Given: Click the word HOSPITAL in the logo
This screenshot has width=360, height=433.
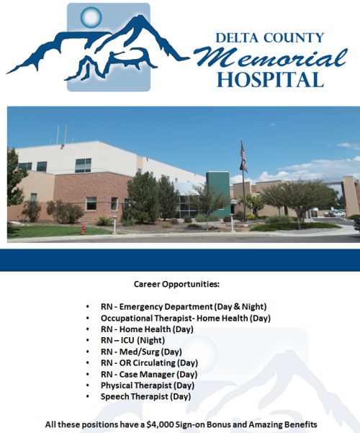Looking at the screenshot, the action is pyautogui.click(x=270, y=80).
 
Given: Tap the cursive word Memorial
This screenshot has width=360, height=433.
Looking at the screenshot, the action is pyautogui.click(x=271, y=58).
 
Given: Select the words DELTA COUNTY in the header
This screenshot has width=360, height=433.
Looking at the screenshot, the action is pyautogui.click(x=270, y=38).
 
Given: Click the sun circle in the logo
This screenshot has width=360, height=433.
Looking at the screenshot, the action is pyautogui.click(x=91, y=17).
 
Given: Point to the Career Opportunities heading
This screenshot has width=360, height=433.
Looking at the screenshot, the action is pyautogui.click(x=176, y=284).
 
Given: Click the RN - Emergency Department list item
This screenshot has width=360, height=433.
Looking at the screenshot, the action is pyautogui.click(x=184, y=306).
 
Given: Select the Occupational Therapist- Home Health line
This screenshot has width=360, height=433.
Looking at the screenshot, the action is pyautogui.click(x=186, y=318).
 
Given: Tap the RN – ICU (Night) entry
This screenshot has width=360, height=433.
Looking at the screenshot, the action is pyautogui.click(x=132, y=340).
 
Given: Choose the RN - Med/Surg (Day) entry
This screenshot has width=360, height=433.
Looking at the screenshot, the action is pyautogui.click(x=141, y=352).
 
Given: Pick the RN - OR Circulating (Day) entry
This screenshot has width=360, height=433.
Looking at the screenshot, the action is pyautogui.click(x=149, y=363).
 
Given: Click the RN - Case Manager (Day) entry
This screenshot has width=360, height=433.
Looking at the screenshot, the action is pyautogui.click(x=149, y=375).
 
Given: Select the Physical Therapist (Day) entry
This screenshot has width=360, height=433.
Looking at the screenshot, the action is pyautogui.click(x=148, y=385).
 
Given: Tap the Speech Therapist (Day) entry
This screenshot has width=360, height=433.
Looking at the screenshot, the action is pyautogui.click(x=145, y=396).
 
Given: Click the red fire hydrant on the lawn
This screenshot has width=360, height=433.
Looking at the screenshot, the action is pyautogui.click(x=83, y=229).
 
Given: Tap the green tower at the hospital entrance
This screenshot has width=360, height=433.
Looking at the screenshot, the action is pyautogui.click(x=218, y=194).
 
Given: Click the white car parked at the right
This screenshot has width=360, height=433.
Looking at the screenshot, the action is pyautogui.click(x=338, y=213).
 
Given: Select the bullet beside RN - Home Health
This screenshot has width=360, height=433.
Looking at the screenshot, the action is pyautogui.click(x=88, y=329).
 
